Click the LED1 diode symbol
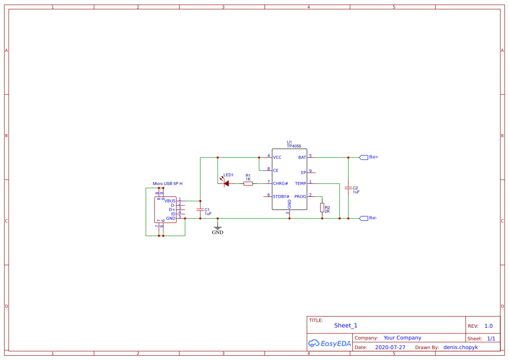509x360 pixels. tap(226, 184)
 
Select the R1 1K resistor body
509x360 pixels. tap(248, 184)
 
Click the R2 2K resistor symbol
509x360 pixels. tap(322, 208)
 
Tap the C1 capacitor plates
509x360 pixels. tap(200, 210)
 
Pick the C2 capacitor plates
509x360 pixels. tap(348, 188)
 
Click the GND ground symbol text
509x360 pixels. tap(218, 232)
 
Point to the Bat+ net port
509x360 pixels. tap(364, 157)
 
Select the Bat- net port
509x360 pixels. tap(364, 218)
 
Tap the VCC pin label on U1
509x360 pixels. tap(277, 157)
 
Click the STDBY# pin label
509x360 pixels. tap(281, 196)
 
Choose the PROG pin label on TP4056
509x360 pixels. tap(300, 196)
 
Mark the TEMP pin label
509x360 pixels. tap(300, 183)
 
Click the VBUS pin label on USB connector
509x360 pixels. tap(170, 201)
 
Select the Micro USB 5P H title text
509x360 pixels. tap(168, 184)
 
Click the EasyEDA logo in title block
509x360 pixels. tap(330, 343)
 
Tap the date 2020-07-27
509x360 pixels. tap(390, 347)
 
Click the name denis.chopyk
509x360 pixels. tap(461, 347)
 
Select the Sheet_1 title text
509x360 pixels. tap(346, 326)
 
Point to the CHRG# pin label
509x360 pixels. tap(280, 183)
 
